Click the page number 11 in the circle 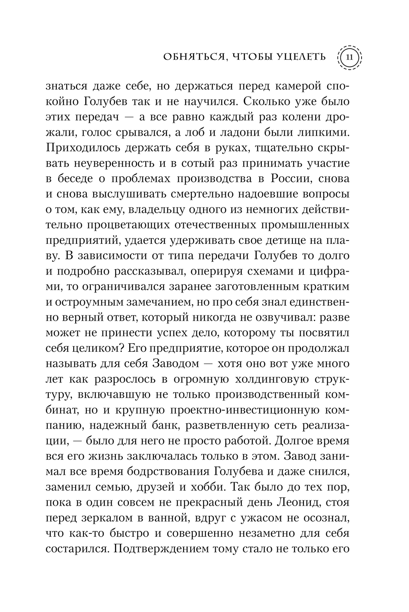(x=349, y=57)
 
